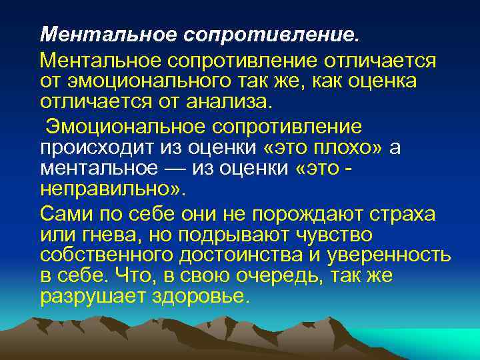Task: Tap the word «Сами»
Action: pyautogui.click(x=67, y=213)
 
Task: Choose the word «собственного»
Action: pyautogui.click(x=107, y=255)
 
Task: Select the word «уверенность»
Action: pyautogui.click(x=385, y=255)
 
